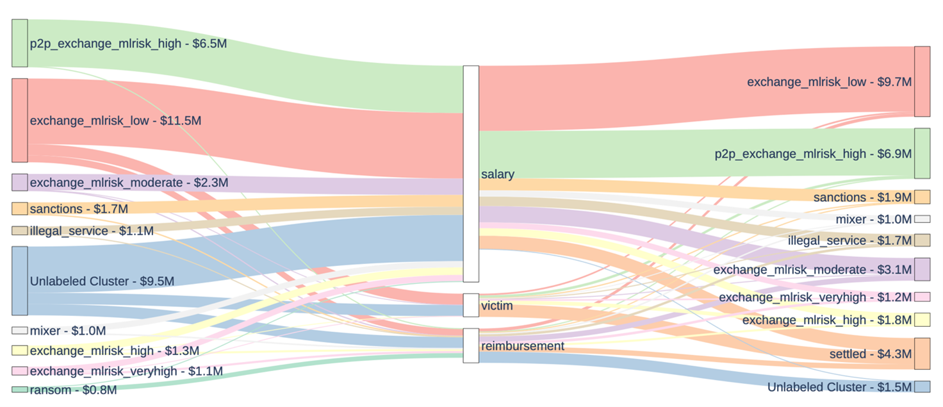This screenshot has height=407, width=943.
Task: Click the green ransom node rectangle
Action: click(x=19, y=389)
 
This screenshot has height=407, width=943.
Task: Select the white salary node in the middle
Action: click(x=471, y=174)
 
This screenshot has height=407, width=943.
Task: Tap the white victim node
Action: click(x=471, y=305)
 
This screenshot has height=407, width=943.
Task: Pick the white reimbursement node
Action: click(x=471, y=345)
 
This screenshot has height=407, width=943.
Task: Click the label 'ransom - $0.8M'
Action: click(x=73, y=390)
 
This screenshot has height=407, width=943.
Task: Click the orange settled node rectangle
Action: click(x=922, y=354)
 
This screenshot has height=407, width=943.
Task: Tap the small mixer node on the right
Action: click(x=922, y=219)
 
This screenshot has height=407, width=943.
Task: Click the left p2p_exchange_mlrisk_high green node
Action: click(x=19, y=43)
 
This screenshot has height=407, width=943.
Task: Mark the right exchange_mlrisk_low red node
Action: click(x=922, y=81)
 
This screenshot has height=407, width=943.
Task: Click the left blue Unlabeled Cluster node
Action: click(x=19, y=281)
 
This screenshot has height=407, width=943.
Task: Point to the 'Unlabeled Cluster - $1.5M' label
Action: click(x=839, y=387)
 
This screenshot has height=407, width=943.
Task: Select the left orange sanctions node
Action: click(x=19, y=209)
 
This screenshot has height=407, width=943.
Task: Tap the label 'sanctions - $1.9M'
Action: click(x=862, y=197)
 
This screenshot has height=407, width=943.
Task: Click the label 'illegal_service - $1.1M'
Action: click(x=92, y=231)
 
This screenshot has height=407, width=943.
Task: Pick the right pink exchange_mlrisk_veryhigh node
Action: click(x=922, y=297)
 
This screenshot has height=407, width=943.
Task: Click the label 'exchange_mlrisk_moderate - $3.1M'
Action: click(x=812, y=270)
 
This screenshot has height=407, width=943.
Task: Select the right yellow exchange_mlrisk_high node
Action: click(x=922, y=320)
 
